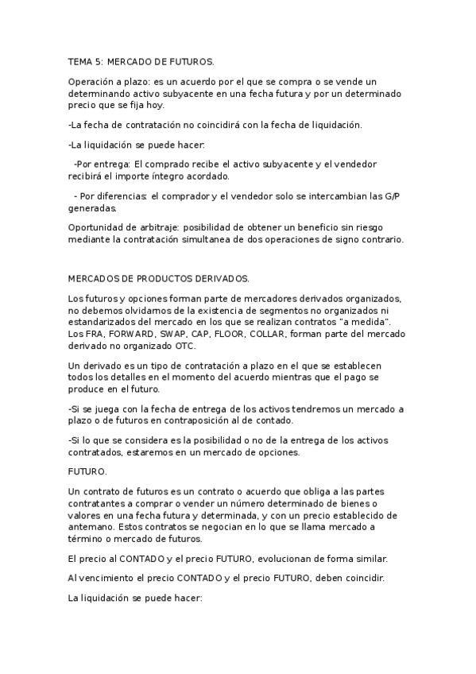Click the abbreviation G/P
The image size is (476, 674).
tap(392, 197)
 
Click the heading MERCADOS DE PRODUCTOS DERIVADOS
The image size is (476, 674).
tap(159, 278)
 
